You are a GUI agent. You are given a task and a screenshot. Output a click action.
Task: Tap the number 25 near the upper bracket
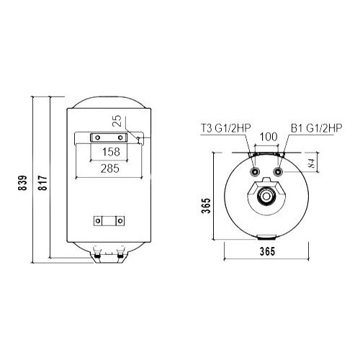coord(117,120)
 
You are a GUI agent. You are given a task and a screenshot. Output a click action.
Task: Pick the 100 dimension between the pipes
coord(268,137)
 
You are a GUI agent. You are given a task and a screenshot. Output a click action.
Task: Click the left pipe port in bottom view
coord(255,174)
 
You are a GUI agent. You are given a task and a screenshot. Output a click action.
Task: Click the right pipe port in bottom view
coord(280,174)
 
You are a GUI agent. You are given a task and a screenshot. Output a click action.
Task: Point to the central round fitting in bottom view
coord(268,196)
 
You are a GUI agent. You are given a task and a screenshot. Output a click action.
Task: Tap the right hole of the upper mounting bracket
coord(117,137)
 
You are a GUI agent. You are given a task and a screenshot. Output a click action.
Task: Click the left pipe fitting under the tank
coord(96,253)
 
